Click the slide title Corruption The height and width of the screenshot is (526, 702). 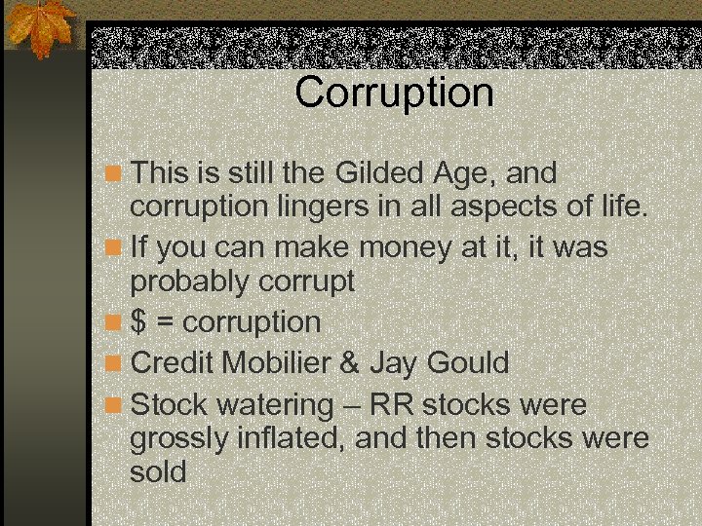click(394, 94)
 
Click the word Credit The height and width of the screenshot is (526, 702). click(173, 362)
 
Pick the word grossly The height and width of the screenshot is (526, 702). click(179, 439)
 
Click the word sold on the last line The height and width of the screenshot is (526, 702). click(158, 472)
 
